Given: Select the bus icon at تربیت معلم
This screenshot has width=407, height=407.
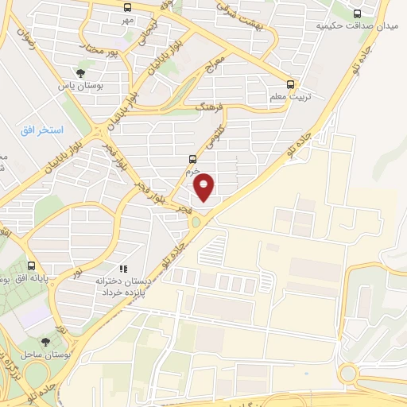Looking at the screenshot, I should (290, 83).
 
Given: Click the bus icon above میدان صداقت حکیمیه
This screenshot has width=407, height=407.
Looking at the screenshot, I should (357, 14).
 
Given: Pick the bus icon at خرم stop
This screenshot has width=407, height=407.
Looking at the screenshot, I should (192, 159).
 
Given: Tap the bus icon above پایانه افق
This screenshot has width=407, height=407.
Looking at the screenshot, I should (31, 266).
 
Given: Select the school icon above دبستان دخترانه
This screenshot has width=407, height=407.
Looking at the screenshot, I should (123, 270).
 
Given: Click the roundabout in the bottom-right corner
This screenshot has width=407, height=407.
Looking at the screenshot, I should (348, 373).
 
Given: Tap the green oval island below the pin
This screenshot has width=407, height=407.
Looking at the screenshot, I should (196, 223).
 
